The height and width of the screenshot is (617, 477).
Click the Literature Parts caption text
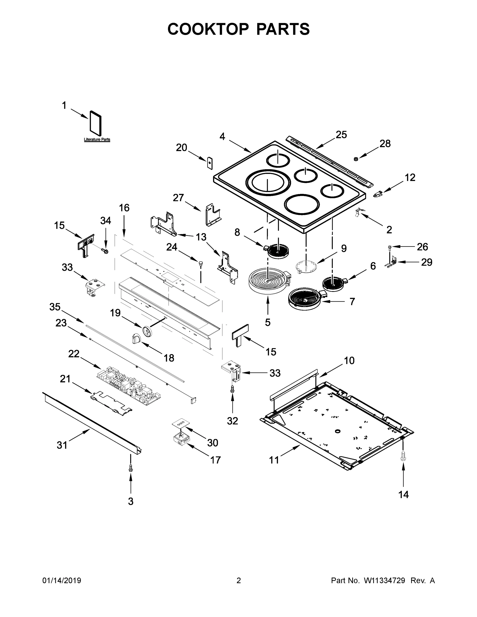(97, 140)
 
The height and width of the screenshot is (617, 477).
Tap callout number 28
(385, 144)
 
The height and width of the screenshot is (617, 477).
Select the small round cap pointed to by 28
(356, 159)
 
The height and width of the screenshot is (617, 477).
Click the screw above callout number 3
(131, 468)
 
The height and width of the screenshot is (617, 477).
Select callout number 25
(341, 135)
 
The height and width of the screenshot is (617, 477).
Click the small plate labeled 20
(209, 163)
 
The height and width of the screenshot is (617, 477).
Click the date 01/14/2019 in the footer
(62, 580)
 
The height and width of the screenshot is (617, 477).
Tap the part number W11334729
(384, 580)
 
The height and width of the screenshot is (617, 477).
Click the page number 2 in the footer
(239, 580)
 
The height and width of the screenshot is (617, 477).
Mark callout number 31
(62, 445)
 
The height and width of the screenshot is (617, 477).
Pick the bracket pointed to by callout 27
(212, 215)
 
